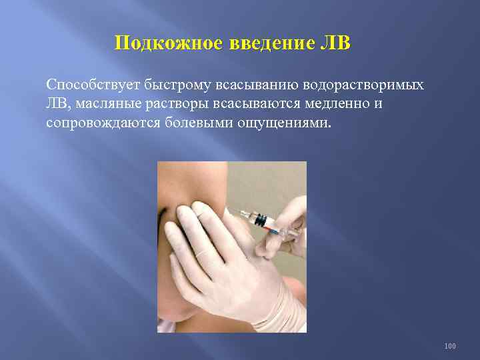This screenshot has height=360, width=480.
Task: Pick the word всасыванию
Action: coord(257,87)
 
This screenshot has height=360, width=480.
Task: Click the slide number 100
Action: coord(451,346)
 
